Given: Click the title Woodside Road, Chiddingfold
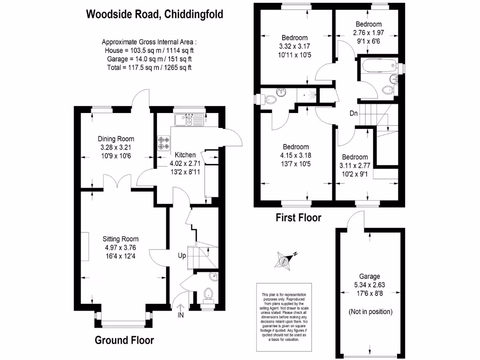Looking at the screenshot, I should click(154, 14).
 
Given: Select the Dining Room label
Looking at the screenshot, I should click(116, 139).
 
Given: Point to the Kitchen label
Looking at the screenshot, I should click(185, 155).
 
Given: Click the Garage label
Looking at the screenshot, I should click(370, 277).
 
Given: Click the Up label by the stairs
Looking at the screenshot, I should click(182, 256).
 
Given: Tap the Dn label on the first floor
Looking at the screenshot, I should click(354, 113).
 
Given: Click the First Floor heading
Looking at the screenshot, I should click(298, 217).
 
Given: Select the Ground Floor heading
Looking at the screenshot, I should click(124, 340).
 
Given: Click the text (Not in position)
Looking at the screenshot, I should click(370, 312).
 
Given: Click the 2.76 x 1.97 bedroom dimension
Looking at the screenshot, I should click(368, 32).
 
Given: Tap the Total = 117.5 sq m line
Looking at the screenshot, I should click(149, 67).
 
